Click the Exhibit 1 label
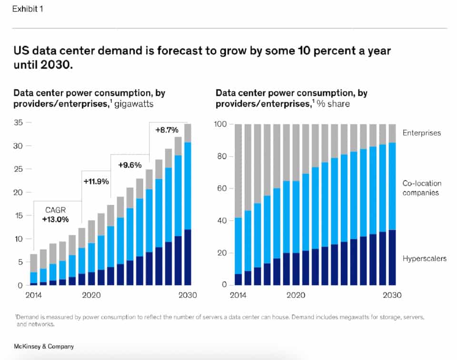[28, 9]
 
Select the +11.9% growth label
[96, 181]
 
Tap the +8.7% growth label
[167, 130]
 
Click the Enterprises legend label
[422, 133]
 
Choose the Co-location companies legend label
[422, 188]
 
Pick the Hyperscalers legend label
[425, 259]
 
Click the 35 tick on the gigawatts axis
[19, 123]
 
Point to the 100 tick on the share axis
[224, 124]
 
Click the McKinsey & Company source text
[43, 347]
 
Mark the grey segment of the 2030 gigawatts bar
[188, 133]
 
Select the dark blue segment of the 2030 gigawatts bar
[188, 257]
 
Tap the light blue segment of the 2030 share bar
[391, 186]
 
